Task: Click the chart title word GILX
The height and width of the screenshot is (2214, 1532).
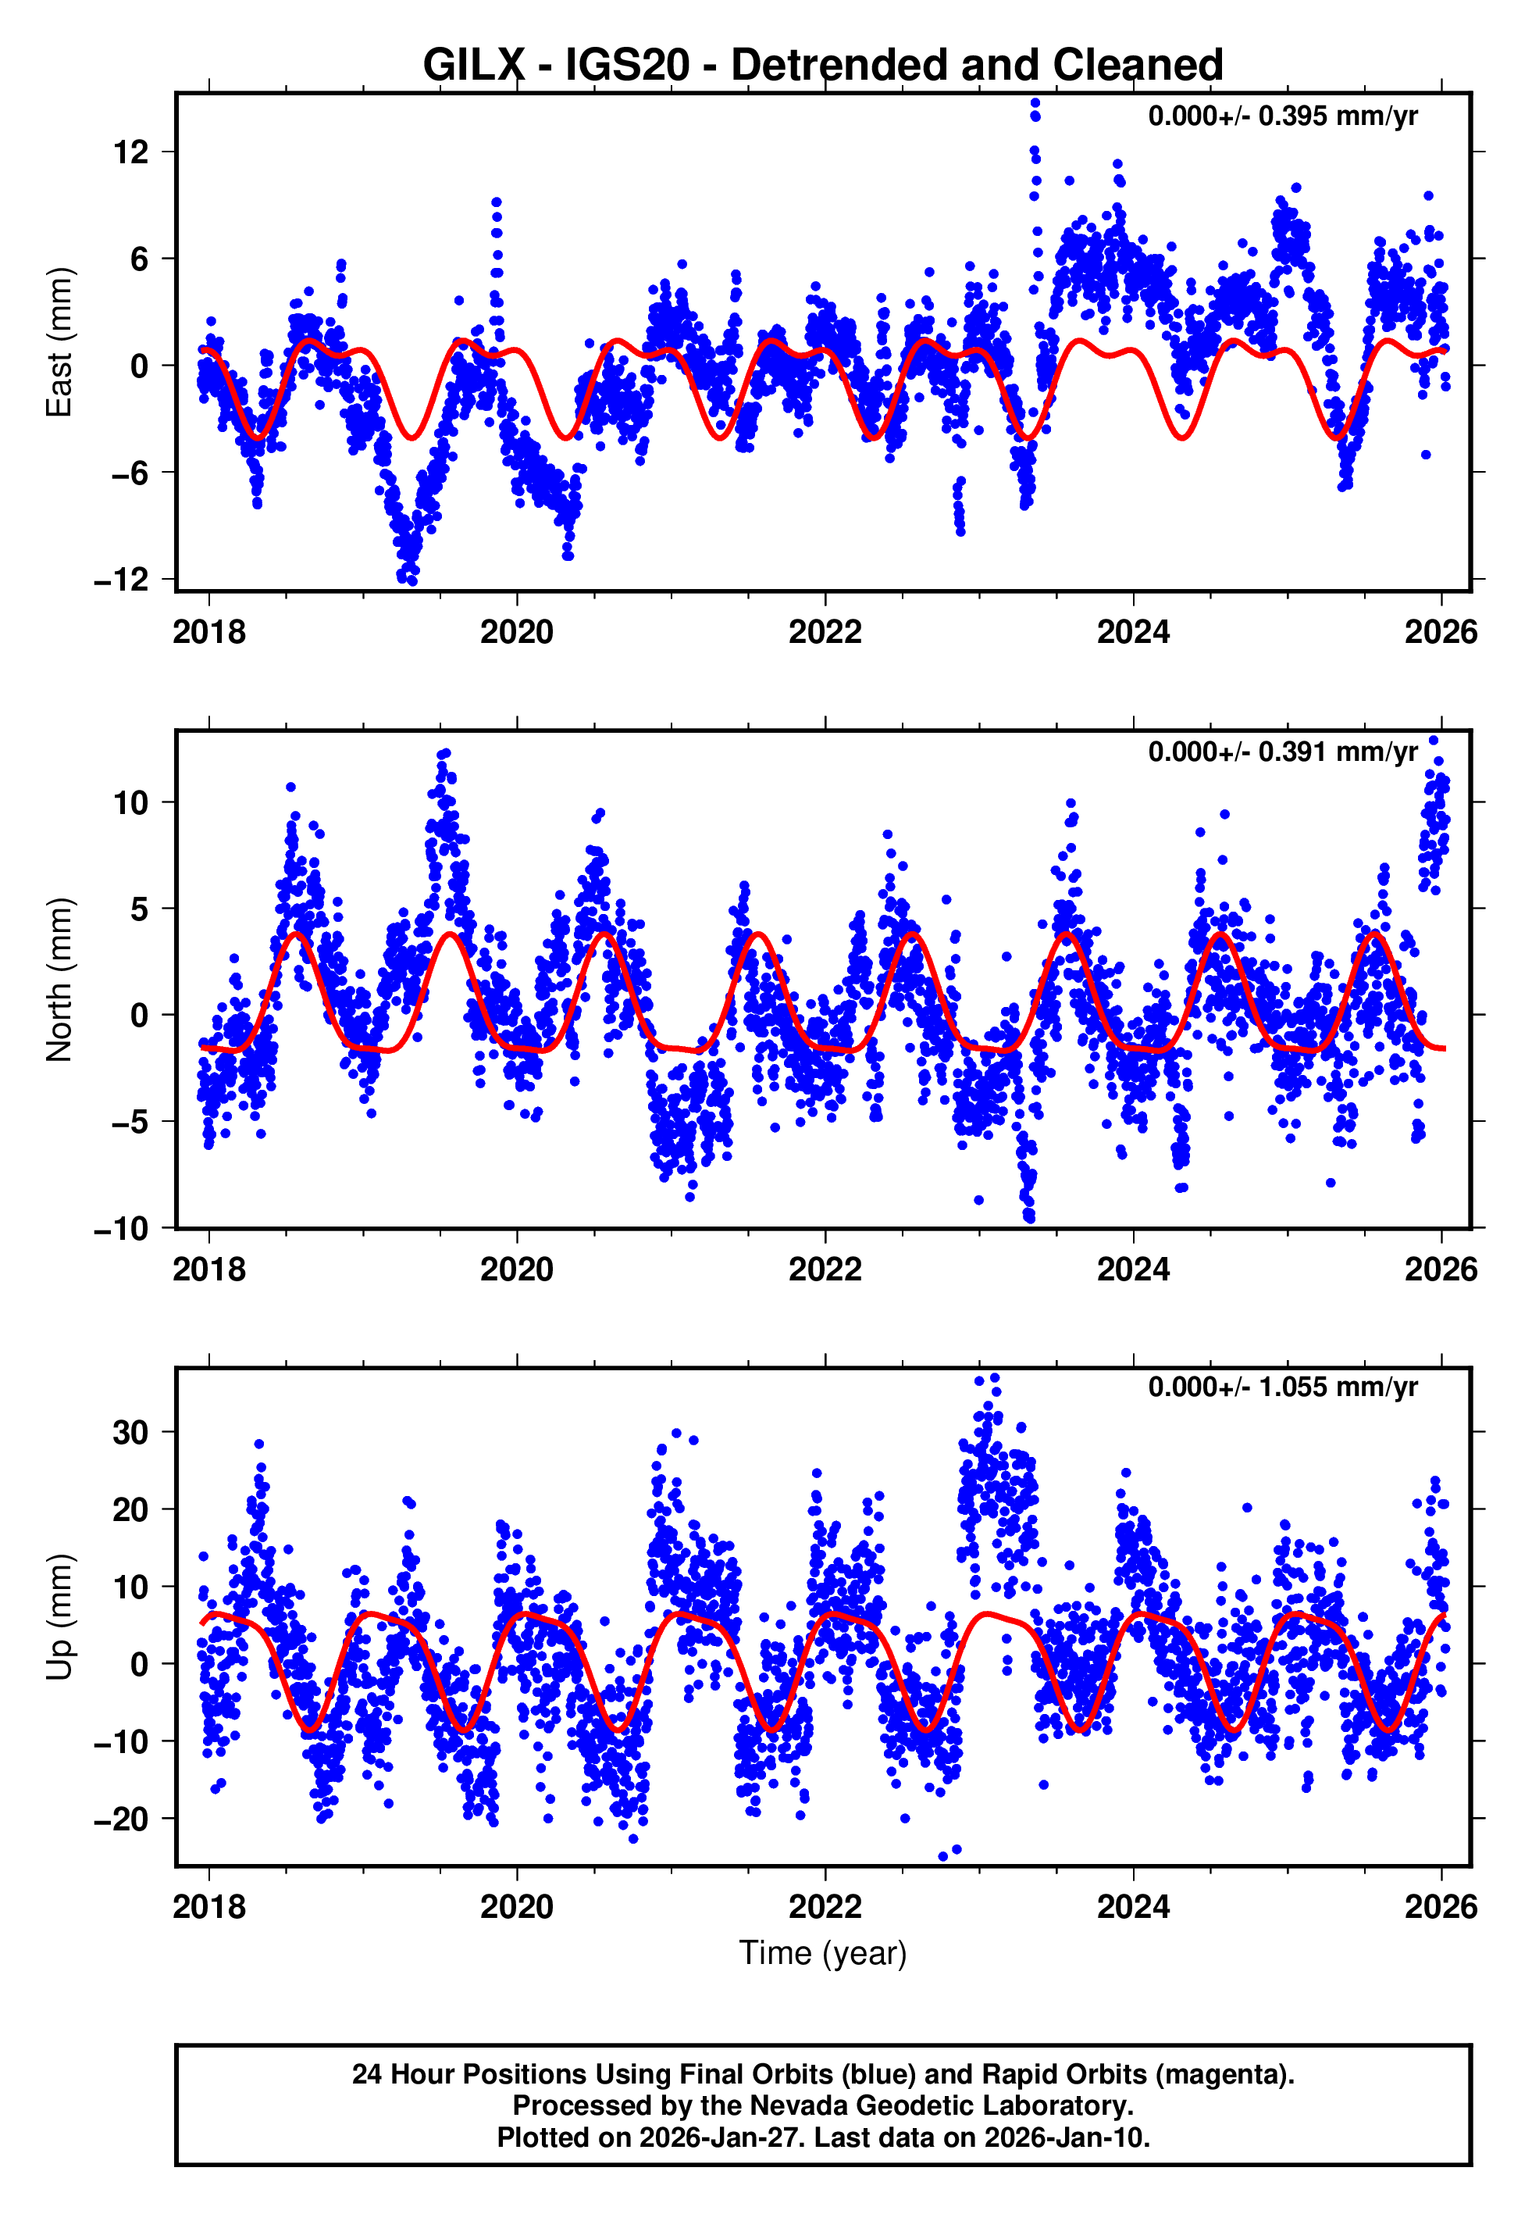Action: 473,66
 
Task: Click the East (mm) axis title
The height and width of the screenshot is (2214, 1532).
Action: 59,342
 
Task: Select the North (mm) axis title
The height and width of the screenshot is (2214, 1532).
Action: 59,980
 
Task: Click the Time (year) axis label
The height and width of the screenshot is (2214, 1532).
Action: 823,1953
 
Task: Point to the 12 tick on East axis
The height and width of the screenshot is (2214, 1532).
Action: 131,152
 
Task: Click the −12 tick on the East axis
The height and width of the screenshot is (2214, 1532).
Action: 122,580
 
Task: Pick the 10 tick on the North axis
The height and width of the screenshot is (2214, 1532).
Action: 131,802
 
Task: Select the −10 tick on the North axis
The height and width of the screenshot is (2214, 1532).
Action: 122,1229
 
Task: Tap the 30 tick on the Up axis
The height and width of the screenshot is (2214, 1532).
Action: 131,1433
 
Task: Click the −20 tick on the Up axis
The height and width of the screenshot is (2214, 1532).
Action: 122,1819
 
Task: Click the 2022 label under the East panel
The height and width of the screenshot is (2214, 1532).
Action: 825,633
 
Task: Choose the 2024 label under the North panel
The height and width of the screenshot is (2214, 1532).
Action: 1133,1270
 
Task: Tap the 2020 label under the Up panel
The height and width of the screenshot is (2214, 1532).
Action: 516,1908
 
